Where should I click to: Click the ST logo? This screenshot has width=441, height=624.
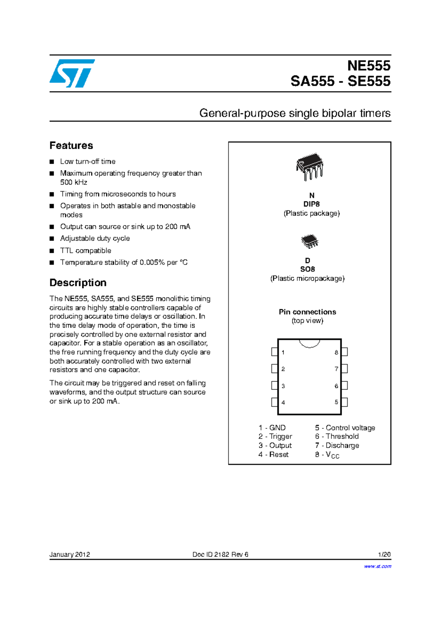[x=72, y=73]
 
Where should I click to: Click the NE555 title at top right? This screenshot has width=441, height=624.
[x=369, y=65]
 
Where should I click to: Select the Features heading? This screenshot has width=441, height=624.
[x=71, y=145]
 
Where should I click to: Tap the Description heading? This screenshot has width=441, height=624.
[x=78, y=283]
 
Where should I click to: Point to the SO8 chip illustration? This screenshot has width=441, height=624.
[x=309, y=241]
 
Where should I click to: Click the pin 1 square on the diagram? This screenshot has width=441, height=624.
[x=275, y=352]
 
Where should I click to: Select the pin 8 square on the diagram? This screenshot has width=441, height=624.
[x=344, y=352]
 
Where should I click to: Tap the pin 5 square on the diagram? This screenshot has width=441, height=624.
[x=344, y=402]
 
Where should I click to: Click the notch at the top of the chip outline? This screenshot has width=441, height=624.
[x=309, y=343]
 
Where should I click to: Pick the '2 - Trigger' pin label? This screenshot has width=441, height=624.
[x=275, y=436]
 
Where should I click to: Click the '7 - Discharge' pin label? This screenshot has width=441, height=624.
[x=337, y=445]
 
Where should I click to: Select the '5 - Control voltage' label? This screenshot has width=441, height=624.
[x=345, y=428]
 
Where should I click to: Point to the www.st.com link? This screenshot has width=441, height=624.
[x=377, y=566]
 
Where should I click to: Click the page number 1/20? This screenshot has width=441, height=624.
[x=384, y=554]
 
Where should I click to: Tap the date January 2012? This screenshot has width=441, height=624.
[x=70, y=554]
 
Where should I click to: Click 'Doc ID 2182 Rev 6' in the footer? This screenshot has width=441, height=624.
[x=220, y=554]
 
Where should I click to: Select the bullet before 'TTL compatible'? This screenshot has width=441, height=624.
[x=52, y=251]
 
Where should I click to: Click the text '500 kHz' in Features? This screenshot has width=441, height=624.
[x=73, y=182]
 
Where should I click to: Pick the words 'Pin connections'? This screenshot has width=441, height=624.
[x=307, y=312]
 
